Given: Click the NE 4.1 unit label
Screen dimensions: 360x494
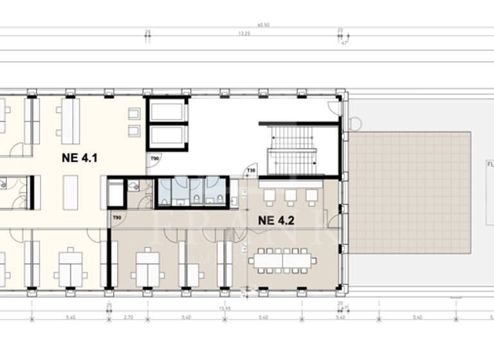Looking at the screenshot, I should pos(80,157).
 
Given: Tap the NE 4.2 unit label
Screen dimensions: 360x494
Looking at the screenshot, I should pos(276,220).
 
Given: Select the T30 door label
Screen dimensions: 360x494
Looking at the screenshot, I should pos(251,170).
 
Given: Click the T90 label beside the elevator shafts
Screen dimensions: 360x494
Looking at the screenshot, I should pos(155,158).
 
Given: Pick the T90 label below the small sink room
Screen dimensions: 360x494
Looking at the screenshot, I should pos(117,218).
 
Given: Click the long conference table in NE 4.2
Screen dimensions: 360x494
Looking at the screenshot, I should pos(284,261).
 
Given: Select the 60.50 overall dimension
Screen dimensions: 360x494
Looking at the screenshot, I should pos(262,25).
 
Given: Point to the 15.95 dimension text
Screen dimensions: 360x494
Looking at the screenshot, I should pos(224,309).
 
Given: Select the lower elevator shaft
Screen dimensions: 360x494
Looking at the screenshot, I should pos(167,136).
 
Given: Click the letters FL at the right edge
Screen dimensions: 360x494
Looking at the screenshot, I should pos(489,164).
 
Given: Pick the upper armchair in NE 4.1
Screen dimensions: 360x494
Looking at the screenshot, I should pos(134,114).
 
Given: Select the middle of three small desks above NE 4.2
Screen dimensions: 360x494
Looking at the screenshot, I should pos(291,195).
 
